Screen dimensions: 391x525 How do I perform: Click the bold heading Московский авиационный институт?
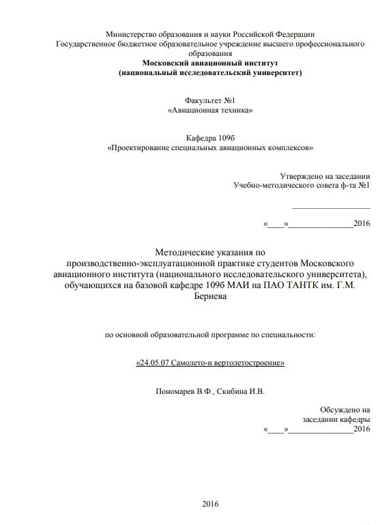pos(209,62)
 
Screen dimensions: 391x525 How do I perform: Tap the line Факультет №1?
pos(209,100)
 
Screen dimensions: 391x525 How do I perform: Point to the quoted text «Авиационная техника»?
pos(209,109)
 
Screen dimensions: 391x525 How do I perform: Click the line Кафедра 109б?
pos(209,137)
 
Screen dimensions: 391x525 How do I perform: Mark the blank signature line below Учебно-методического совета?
pos(331,208)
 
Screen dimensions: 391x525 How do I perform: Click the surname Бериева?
pos(209,297)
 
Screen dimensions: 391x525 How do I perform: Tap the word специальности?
pos(291,335)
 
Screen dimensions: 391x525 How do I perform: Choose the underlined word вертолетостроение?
pos(246,363)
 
